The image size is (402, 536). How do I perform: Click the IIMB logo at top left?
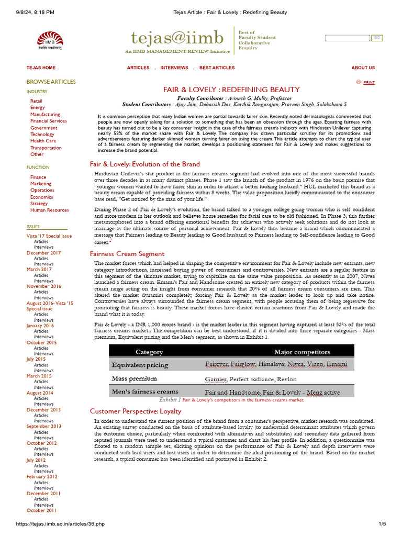[x=49, y=40]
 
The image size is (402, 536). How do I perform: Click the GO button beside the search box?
[x=377, y=38]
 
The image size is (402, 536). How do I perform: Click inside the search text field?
[x=347, y=38]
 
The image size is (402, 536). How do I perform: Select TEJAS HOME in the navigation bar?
[x=41, y=68]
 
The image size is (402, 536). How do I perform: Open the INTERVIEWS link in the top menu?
[x=174, y=68]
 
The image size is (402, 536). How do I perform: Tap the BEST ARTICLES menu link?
[x=217, y=68]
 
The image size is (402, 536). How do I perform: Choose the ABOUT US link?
[x=363, y=68]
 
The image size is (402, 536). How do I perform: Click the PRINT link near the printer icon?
[x=368, y=83]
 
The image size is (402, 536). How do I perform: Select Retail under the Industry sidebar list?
[x=36, y=101]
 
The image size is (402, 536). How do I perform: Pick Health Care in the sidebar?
[x=43, y=141]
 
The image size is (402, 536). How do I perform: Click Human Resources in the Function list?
[x=49, y=210]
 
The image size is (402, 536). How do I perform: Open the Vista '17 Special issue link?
[x=49, y=236]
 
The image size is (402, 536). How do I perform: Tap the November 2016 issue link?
[x=43, y=286]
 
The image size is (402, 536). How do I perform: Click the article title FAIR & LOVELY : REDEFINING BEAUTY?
[x=231, y=90]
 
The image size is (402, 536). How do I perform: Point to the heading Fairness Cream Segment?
[x=127, y=254]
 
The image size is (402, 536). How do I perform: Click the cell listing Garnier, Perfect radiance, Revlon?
[x=250, y=379]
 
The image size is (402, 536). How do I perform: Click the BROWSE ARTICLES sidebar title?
[x=51, y=82]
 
